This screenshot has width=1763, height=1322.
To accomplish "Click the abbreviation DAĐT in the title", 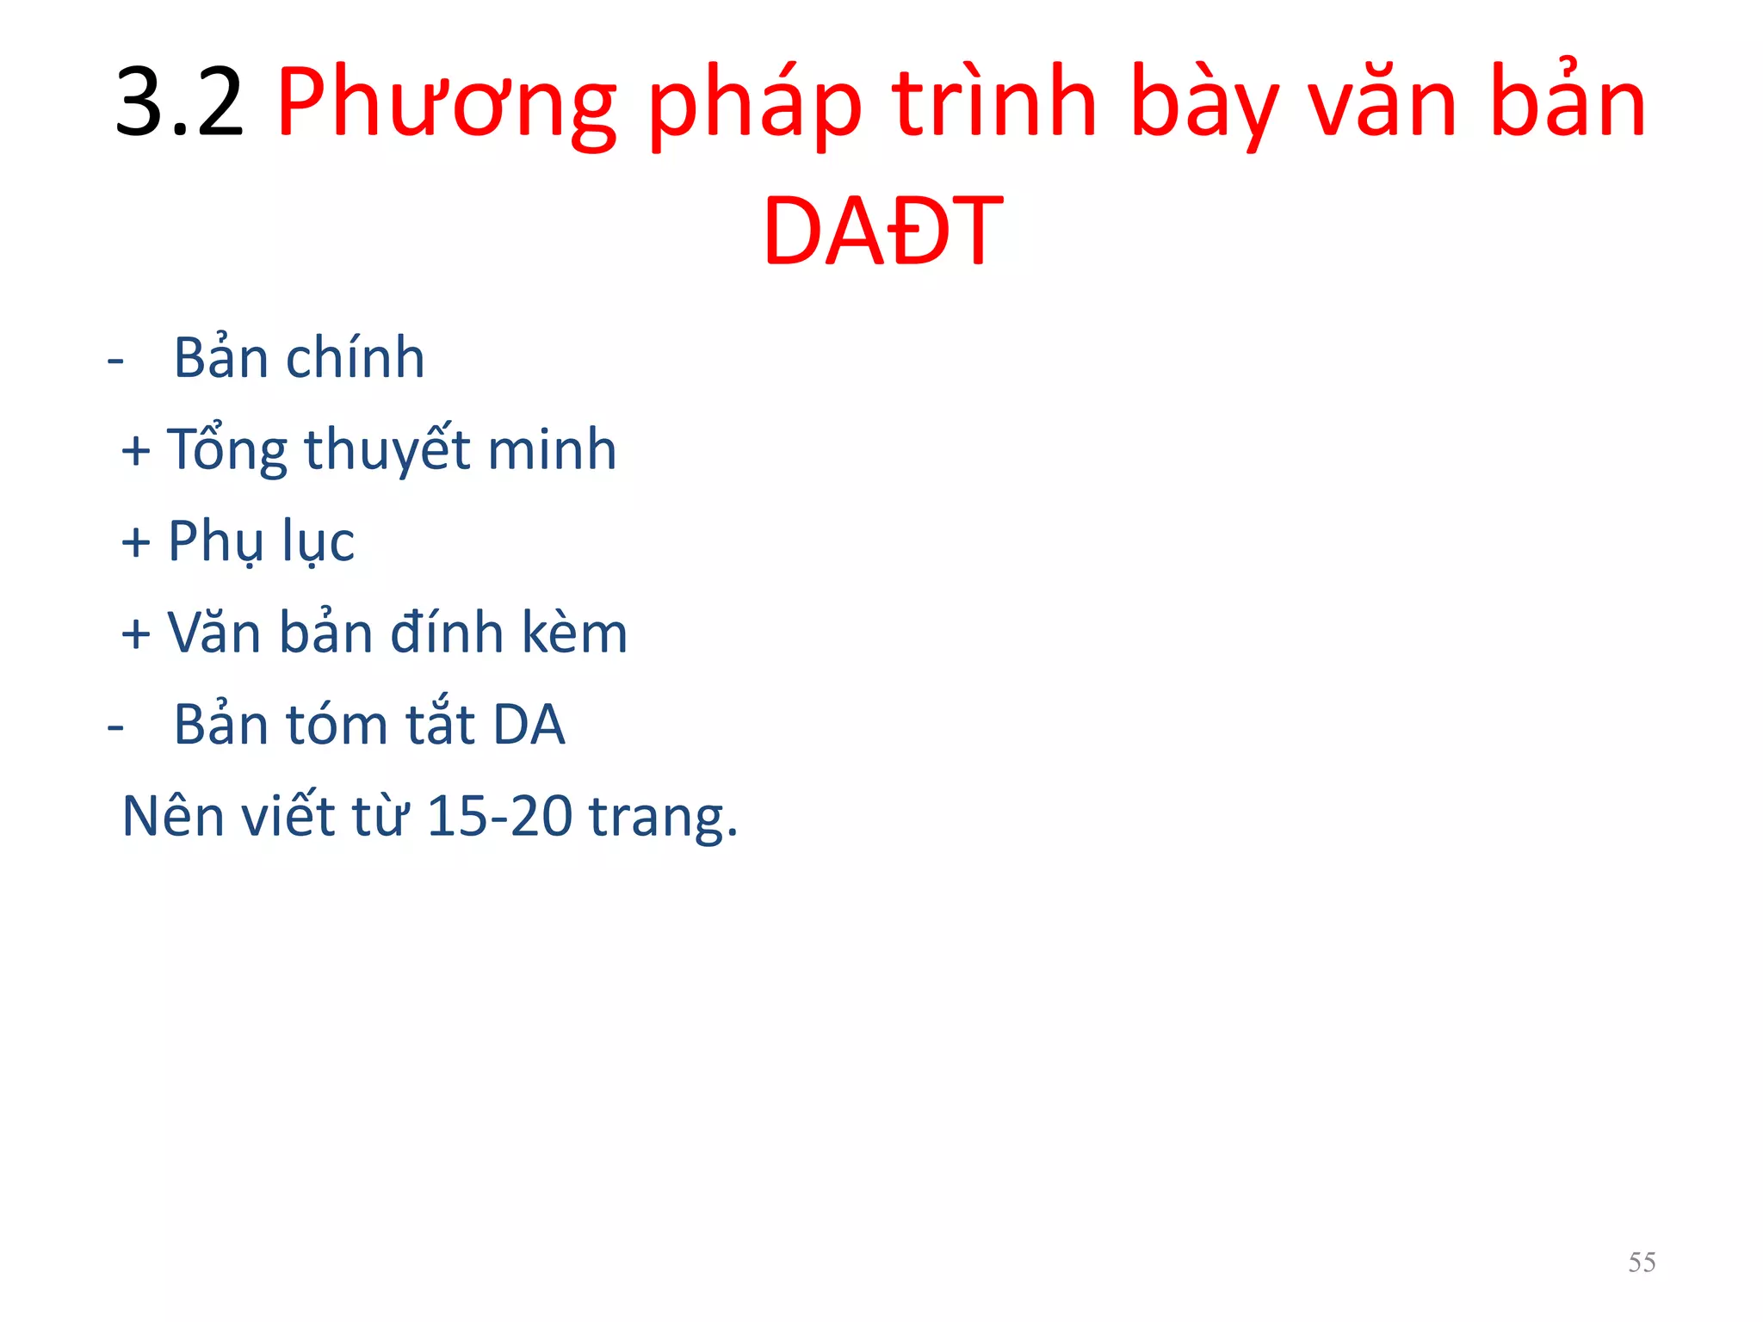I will (882, 231).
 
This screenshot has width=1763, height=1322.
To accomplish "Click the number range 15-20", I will (499, 816).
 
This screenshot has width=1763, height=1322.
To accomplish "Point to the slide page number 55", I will (1642, 1262).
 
